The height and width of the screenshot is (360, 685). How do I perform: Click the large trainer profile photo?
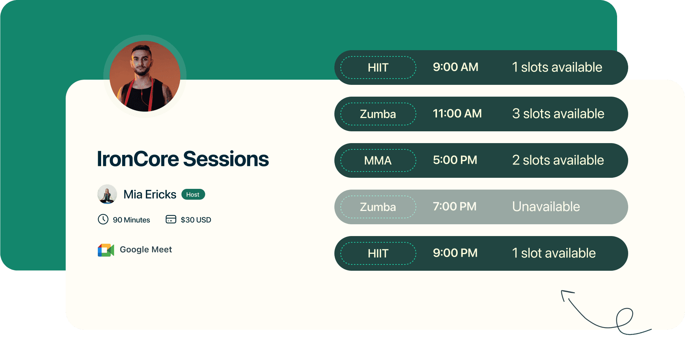(145, 76)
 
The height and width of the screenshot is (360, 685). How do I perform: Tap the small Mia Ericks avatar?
(107, 194)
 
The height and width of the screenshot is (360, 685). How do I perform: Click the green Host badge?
(193, 194)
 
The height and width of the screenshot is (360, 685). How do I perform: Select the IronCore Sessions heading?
(183, 159)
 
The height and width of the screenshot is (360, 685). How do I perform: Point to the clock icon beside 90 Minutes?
(103, 219)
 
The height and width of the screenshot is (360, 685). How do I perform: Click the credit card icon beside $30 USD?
(171, 219)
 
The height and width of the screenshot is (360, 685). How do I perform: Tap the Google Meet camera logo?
(106, 250)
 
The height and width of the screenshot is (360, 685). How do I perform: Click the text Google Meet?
(146, 250)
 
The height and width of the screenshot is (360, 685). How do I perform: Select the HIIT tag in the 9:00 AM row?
(378, 67)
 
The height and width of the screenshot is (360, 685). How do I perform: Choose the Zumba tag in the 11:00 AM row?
(378, 114)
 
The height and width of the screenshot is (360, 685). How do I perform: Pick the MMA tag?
(378, 160)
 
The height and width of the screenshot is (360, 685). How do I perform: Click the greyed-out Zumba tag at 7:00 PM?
(378, 207)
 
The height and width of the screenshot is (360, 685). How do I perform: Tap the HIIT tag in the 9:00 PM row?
(378, 253)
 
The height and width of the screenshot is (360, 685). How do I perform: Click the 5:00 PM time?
(455, 160)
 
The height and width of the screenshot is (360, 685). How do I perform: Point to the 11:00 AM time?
(457, 114)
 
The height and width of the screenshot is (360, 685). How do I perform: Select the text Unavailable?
(546, 207)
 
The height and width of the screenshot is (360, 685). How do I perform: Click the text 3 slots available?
(558, 114)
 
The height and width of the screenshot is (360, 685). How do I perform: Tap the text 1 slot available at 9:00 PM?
(554, 253)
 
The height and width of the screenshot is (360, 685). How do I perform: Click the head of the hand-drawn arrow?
(564, 293)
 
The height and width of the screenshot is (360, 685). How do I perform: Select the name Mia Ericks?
(150, 194)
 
